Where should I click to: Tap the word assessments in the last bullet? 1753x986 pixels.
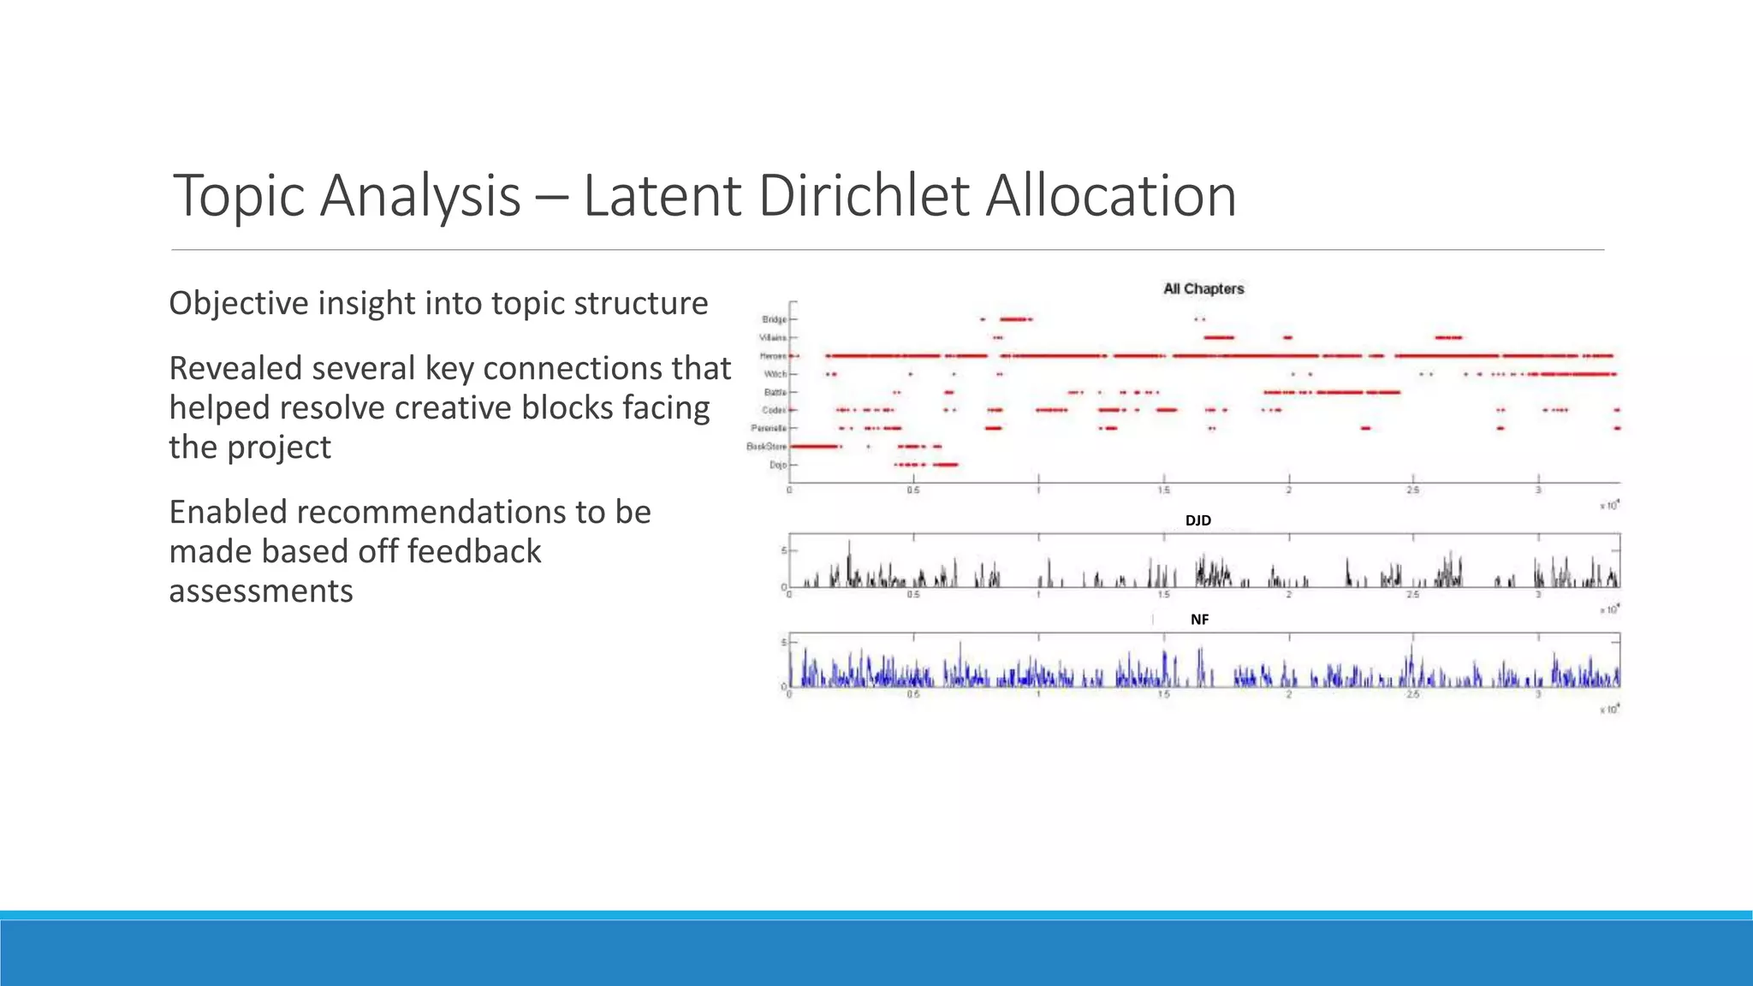261,591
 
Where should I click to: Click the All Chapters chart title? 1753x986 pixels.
1203,289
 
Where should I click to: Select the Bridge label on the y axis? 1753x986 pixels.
774,319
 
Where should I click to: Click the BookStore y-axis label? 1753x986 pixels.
765,447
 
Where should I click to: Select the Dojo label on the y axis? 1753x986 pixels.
777,465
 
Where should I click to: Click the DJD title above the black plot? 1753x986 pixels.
1197,520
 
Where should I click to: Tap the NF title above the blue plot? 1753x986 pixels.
1199,620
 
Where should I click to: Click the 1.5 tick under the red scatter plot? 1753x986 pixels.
1163,490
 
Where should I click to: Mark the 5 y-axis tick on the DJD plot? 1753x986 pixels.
783,550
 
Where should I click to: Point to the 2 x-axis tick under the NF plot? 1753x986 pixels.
1288,695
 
